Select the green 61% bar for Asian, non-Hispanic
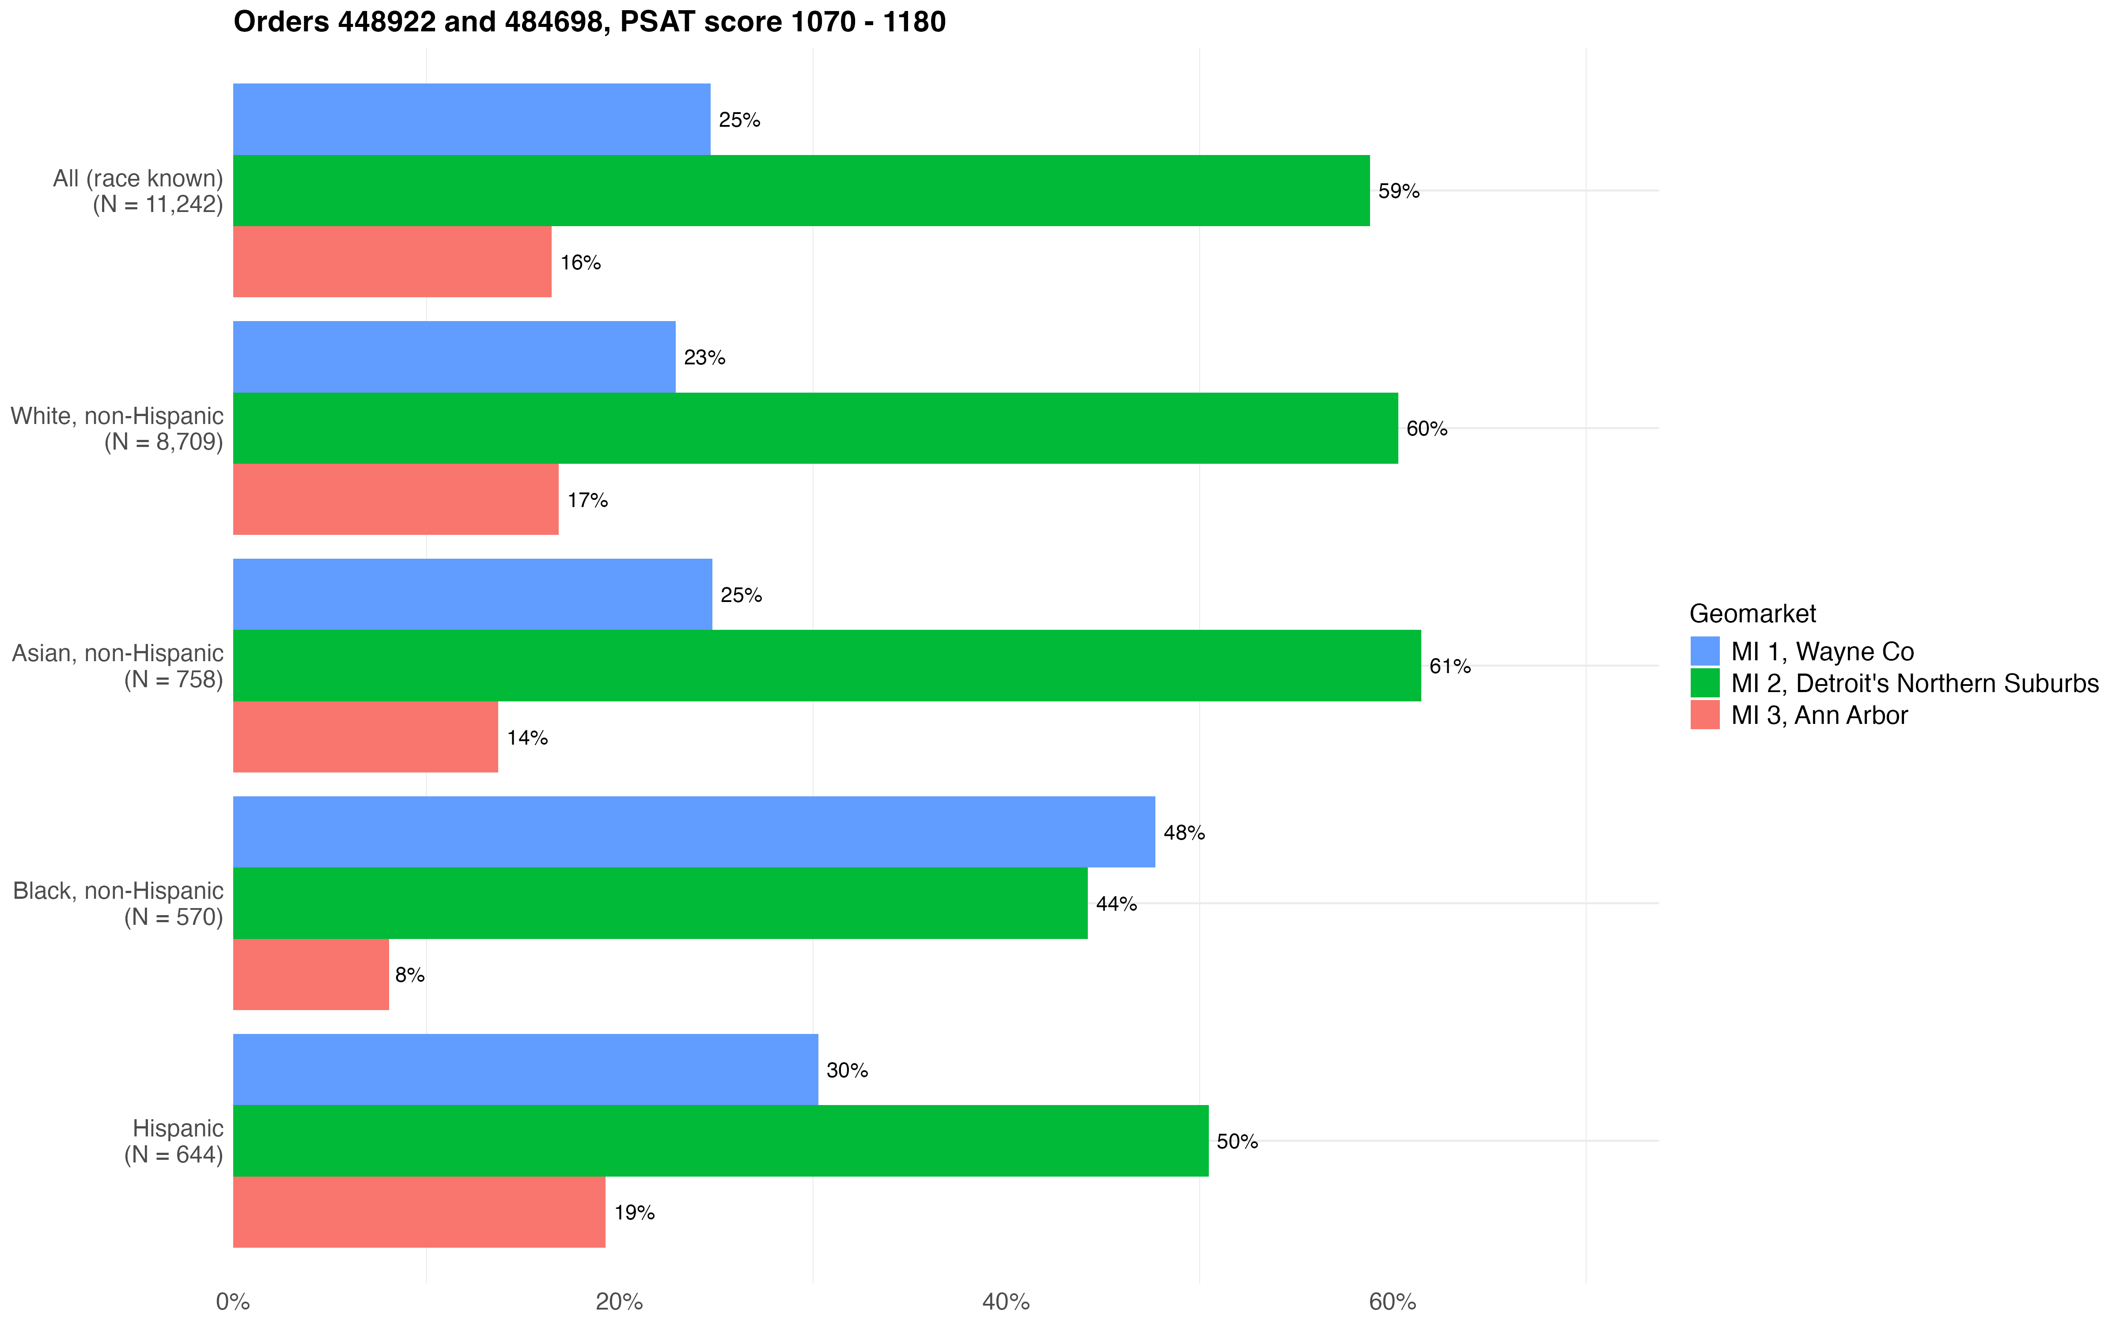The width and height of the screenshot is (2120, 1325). [x=826, y=665]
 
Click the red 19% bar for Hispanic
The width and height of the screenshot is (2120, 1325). [x=419, y=1212]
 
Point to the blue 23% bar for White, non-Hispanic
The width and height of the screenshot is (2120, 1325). [x=454, y=357]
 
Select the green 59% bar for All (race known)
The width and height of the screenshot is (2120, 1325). [x=801, y=190]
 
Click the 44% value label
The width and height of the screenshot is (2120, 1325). [x=1116, y=904]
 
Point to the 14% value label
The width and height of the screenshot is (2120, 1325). [x=527, y=738]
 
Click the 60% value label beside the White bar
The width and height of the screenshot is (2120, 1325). [x=1426, y=428]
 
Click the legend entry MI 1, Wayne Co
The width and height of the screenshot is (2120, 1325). [x=1822, y=651]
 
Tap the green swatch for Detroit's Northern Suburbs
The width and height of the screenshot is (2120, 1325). [x=1705, y=683]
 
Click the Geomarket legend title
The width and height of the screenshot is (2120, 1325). [x=1752, y=613]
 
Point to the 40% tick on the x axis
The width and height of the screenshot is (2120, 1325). [x=1006, y=1301]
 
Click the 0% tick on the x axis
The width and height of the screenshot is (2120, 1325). [x=233, y=1301]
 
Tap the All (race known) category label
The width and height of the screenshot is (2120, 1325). [x=138, y=191]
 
